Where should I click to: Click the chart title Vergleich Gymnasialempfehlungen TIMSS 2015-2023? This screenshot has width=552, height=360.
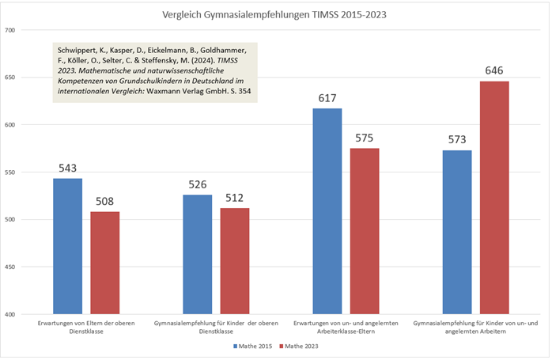(275, 14)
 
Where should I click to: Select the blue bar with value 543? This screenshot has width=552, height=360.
(67, 246)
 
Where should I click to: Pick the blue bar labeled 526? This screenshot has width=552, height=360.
(197, 254)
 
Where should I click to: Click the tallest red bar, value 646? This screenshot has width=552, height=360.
(493, 198)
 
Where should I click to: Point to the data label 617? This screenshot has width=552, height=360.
(327, 99)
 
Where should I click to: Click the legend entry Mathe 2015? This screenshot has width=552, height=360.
(251, 347)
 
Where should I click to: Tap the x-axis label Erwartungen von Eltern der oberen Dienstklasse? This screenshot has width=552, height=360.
(85, 328)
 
